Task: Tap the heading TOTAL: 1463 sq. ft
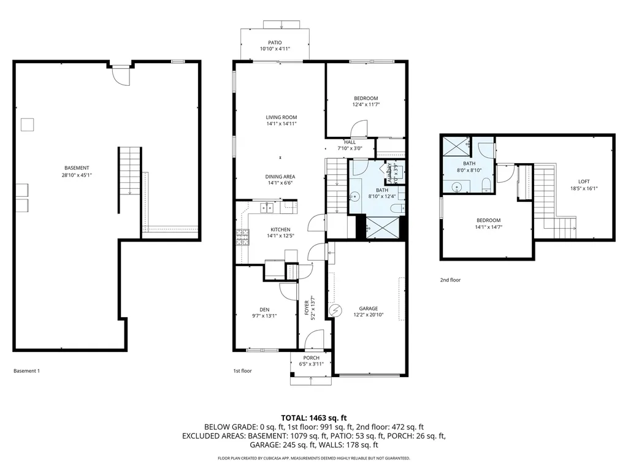tap(313, 416)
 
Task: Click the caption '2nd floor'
tap(450, 280)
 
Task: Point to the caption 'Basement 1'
tap(26, 370)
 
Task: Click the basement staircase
tap(129, 171)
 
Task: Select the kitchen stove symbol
tap(242, 237)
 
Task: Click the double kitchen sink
tap(266, 208)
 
